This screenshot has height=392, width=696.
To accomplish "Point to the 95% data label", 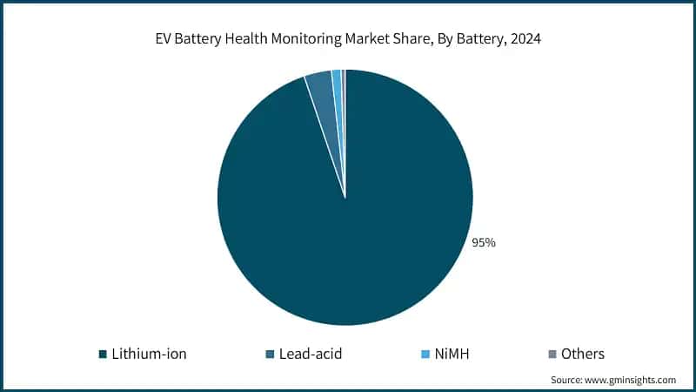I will pos(484,243).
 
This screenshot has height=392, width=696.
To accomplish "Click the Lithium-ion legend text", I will pos(150,354).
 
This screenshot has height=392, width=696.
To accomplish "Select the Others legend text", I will pos(582,354).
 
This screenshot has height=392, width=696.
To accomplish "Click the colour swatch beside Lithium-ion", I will pos(103,355).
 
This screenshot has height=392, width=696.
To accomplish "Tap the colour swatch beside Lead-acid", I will pos(271,355).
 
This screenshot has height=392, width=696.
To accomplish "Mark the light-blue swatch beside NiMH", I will pos(425,355).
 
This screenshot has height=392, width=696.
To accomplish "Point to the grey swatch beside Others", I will pos(551,355).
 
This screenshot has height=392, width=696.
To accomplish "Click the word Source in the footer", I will pos(566,381).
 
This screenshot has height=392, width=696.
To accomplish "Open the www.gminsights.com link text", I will pos(632,381).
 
